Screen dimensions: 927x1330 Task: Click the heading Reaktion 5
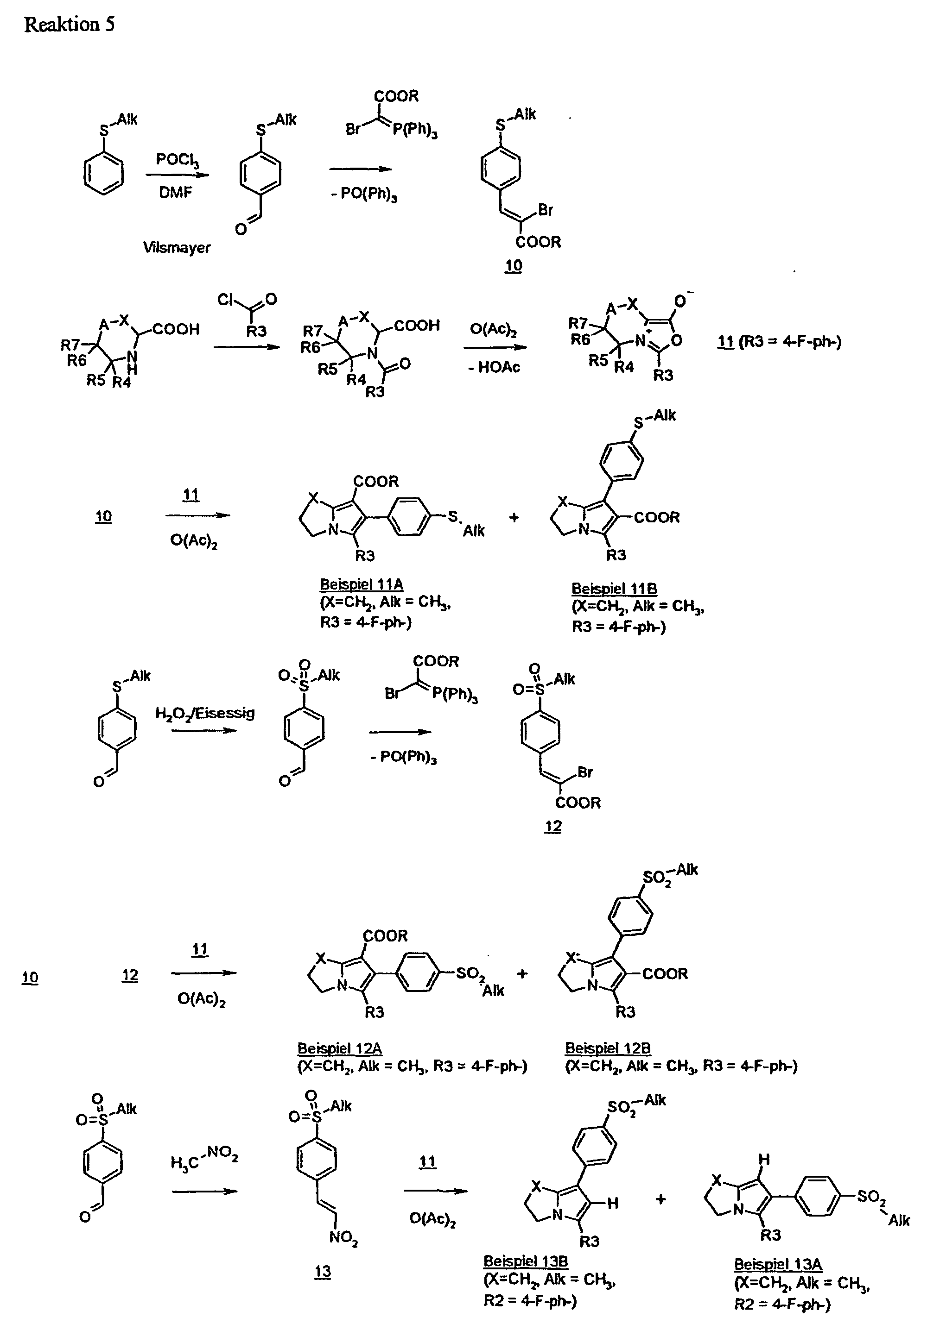[70, 25]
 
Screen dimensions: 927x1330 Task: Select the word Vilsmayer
[177, 247]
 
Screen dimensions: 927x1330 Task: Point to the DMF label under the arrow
[175, 192]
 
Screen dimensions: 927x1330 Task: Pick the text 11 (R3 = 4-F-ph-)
[780, 341]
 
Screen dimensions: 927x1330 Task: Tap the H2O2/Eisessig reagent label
[205, 713]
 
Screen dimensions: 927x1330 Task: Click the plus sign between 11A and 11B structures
[514, 517]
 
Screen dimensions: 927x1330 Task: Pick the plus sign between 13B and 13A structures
[660, 1199]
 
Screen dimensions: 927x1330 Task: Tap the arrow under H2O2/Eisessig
[204, 730]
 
